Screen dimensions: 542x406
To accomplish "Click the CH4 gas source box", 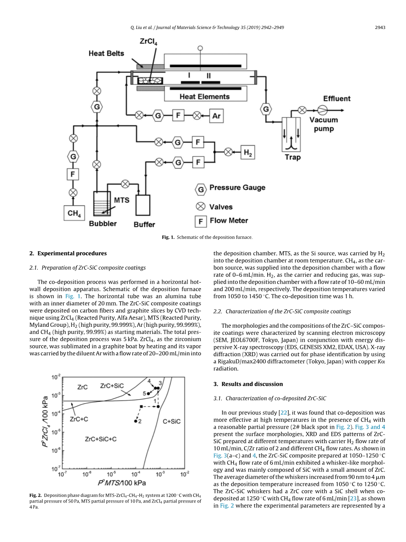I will pyautogui.click(x=74, y=213).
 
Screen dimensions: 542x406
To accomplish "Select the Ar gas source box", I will pyautogui.click(x=216, y=116).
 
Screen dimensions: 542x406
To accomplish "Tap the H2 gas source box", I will pyautogui.click(x=248, y=152).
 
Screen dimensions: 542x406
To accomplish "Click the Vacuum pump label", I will pyautogui.click(x=324, y=124).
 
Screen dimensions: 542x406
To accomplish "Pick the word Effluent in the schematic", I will pyautogui.click(x=337, y=99).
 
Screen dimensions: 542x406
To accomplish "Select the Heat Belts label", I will pyautogui.click(x=106, y=54).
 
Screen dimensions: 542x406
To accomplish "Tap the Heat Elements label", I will pyautogui.click(x=205, y=97).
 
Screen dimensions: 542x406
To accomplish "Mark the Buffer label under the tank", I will pyautogui.click(x=144, y=224).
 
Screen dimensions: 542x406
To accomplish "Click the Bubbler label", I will pyautogui.click(x=103, y=224).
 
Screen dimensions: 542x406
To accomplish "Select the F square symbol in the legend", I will pyautogui.click(x=201, y=221).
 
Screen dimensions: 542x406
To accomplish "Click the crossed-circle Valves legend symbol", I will pyautogui.click(x=201, y=206).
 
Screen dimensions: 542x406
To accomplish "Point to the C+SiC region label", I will pyautogui.click(x=172, y=421).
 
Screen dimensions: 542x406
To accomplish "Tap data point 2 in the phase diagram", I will pyautogui.click(x=136, y=421).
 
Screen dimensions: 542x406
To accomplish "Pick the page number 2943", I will pyautogui.click(x=380, y=27).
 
